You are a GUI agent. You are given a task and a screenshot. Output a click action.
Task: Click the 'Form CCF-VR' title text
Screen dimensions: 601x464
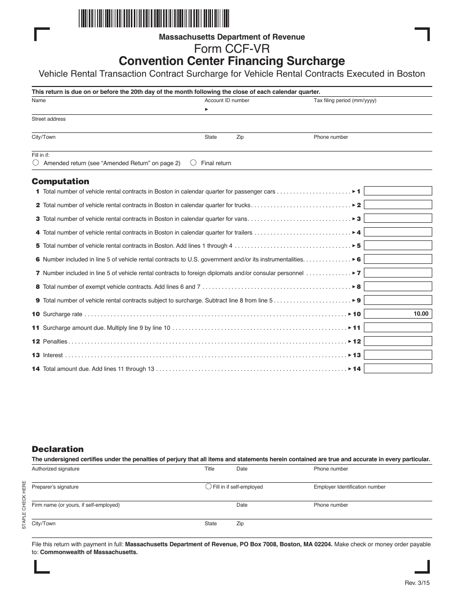click(x=232, y=49)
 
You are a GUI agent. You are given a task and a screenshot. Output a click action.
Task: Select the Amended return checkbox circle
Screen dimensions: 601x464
click(x=36, y=163)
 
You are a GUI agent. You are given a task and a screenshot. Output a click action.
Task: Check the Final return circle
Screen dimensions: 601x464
click(x=193, y=163)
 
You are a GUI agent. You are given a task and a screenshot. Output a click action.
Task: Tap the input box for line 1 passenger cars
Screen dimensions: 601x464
click(x=398, y=191)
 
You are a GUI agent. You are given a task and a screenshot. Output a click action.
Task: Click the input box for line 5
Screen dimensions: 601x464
click(x=398, y=246)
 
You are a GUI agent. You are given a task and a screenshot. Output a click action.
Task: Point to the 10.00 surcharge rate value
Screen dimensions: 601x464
click(x=421, y=314)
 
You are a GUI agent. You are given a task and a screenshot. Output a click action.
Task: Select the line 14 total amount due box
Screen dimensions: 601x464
click(x=398, y=368)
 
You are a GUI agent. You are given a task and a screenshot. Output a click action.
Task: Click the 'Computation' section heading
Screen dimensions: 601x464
click(x=61, y=181)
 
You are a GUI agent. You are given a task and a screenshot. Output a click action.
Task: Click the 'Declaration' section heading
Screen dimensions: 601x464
click(x=58, y=449)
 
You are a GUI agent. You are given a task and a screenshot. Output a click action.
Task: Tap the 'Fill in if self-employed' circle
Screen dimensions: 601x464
click(x=209, y=486)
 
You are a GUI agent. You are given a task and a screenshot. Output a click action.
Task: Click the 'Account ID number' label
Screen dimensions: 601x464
click(x=227, y=101)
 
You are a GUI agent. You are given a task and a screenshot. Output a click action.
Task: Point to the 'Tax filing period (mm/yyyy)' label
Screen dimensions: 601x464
click(x=345, y=101)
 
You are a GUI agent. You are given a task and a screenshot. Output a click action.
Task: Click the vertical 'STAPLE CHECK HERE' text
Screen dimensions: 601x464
click(x=24, y=505)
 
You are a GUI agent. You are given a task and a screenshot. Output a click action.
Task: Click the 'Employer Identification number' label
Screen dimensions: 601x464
click(x=349, y=487)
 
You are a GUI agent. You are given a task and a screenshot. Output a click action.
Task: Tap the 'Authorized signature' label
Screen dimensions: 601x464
click(x=55, y=469)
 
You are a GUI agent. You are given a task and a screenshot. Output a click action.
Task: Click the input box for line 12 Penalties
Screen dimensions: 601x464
click(x=398, y=341)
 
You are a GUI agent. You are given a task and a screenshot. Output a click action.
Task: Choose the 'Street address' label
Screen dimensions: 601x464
click(x=48, y=119)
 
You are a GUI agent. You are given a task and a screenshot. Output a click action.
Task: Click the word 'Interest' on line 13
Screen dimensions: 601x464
click(x=53, y=355)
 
